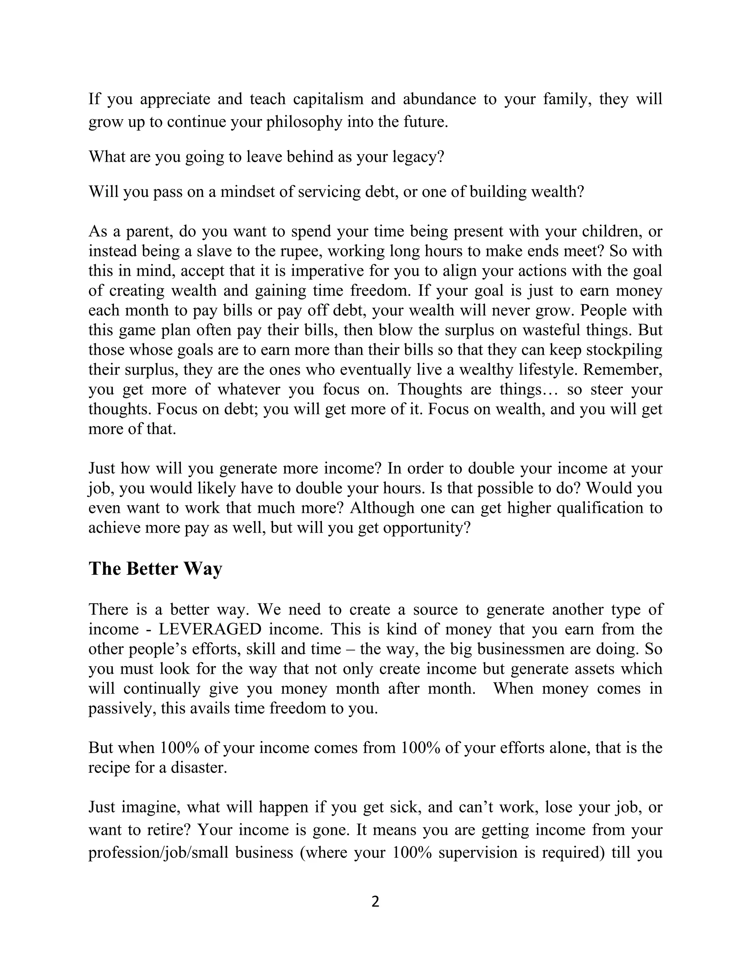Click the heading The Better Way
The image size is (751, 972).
tap(155, 569)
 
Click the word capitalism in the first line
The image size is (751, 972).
tap(328, 99)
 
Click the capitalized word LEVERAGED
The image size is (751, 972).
tap(210, 629)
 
